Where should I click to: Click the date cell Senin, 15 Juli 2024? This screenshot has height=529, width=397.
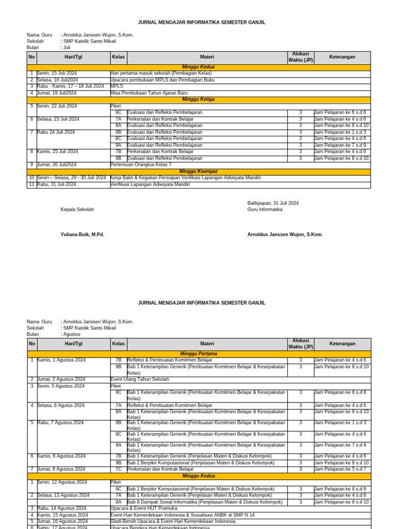[56, 73]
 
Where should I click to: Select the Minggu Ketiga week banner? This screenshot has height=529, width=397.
[198, 99]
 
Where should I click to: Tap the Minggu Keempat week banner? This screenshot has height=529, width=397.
[198, 171]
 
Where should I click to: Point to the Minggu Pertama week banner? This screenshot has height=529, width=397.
[198, 354]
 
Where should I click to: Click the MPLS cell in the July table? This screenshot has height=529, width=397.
[117, 86]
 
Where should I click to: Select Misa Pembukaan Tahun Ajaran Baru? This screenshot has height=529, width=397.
[149, 93]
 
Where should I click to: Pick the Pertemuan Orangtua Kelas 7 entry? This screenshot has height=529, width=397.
[141, 165]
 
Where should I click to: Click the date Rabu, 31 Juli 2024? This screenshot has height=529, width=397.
[56, 184]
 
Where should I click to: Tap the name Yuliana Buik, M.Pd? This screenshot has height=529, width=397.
[82, 235]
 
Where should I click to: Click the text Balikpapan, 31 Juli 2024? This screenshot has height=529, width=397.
[273, 203]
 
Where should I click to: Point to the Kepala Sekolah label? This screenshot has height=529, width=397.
[77, 210]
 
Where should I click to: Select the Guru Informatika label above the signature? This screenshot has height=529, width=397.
[265, 210]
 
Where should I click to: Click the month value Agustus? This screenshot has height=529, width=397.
[72, 334]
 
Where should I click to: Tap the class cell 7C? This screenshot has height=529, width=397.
[118, 469]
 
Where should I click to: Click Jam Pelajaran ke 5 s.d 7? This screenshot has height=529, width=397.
[340, 469]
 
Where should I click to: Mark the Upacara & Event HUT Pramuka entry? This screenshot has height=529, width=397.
[144, 508]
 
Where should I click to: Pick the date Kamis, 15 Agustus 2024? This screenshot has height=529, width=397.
[62, 515]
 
